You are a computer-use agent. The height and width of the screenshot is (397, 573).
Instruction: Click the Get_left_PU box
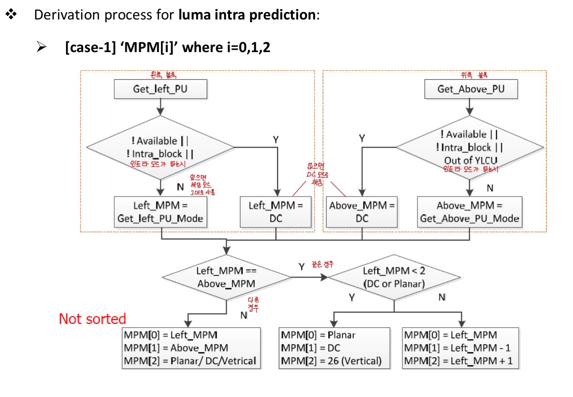(160, 89)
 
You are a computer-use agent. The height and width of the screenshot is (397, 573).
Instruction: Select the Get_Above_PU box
(471, 89)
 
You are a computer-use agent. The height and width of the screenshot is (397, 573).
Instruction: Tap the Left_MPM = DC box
(276, 212)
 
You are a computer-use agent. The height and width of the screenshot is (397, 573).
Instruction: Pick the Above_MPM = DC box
(362, 212)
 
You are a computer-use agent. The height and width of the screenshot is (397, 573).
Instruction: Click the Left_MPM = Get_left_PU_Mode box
(160, 212)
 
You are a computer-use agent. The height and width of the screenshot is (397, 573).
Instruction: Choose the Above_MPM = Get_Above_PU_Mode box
(470, 212)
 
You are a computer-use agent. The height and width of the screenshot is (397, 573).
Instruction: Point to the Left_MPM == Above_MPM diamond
(226, 277)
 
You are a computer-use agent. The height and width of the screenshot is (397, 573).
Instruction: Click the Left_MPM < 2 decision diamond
(394, 277)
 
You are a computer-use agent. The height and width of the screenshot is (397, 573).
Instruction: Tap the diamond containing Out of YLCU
(470, 148)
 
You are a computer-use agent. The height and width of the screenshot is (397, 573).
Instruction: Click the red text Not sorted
(92, 319)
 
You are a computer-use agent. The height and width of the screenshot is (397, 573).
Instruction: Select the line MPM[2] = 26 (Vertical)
(331, 361)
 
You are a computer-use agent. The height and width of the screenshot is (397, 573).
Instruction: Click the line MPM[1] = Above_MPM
(176, 348)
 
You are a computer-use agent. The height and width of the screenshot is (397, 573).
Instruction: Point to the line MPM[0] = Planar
(318, 335)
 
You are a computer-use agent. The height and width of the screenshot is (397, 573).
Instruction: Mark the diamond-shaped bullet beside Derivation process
(11, 15)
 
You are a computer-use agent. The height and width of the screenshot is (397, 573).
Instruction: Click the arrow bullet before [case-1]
(41, 47)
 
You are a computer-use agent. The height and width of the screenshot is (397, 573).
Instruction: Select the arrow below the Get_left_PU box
(160, 107)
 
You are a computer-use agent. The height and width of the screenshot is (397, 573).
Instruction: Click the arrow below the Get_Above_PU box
(470, 107)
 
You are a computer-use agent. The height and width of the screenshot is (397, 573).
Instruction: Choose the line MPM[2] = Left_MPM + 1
(458, 361)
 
